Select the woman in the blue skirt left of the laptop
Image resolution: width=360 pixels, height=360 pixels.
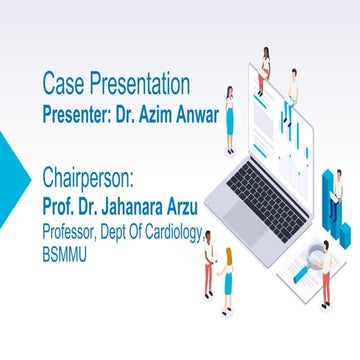pos(230,118)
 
